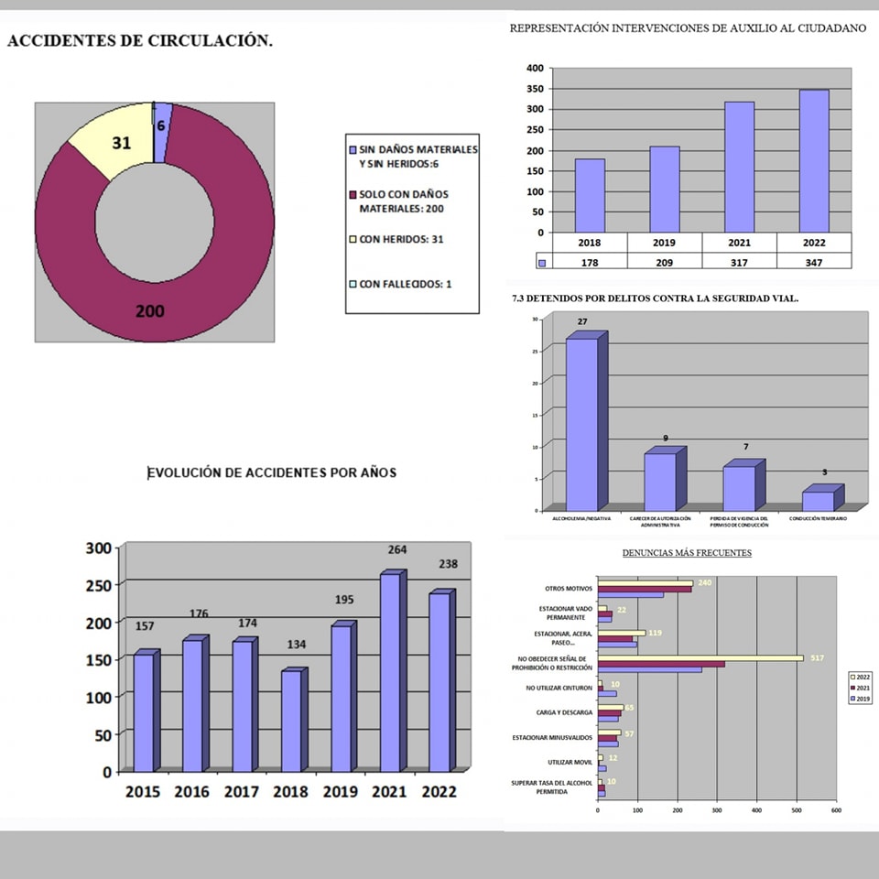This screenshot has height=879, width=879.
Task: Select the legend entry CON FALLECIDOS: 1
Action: coord(404,284)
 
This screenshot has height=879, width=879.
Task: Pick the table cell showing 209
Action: coord(665,263)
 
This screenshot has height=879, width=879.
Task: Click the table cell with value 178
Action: coord(591,263)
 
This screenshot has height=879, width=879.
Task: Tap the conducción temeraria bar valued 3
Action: coord(818,500)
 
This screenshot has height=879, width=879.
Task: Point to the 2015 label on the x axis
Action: coord(144,792)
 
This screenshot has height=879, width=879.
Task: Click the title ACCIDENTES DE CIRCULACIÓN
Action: coord(139,42)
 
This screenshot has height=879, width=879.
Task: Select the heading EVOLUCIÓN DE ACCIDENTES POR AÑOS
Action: coord(272,472)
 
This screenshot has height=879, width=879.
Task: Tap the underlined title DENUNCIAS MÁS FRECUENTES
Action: coord(687,553)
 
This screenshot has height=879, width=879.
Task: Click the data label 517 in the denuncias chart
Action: coord(817,657)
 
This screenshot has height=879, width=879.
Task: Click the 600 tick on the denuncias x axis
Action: coord(835,810)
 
